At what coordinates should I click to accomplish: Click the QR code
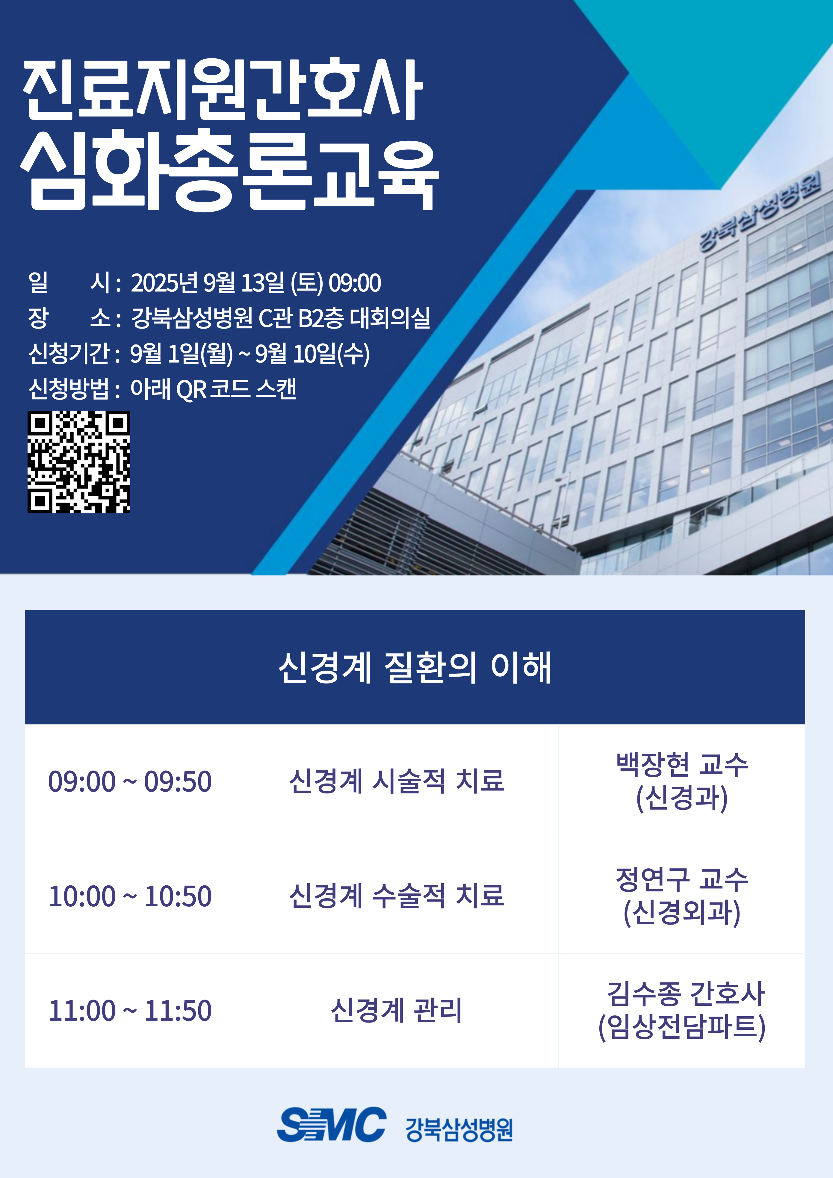click(x=78, y=462)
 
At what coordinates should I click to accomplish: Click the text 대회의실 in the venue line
click(x=390, y=318)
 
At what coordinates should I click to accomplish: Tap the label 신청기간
click(x=69, y=353)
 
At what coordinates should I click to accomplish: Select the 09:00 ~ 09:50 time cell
click(x=130, y=781)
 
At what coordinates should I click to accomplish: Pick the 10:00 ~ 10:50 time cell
click(x=130, y=896)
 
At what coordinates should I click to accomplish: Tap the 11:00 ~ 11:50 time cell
click(x=130, y=1011)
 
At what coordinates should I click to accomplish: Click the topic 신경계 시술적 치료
click(x=397, y=781)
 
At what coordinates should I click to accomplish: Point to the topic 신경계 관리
click(x=397, y=1011)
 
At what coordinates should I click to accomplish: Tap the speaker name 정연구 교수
click(x=682, y=879)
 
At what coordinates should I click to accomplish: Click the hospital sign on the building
click(x=760, y=210)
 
